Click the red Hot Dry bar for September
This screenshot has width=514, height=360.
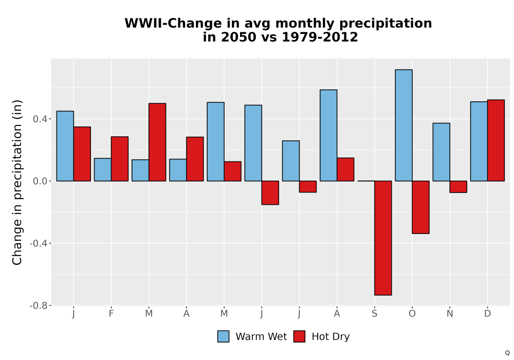click(x=383, y=238)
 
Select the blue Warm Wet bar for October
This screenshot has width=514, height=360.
click(x=403, y=125)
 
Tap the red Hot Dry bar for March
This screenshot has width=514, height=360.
click(x=157, y=142)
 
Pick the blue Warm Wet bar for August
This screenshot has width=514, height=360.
click(x=328, y=135)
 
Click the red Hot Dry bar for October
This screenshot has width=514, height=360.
click(x=420, y=207)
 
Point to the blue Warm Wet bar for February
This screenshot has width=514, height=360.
click(x=103, y=170)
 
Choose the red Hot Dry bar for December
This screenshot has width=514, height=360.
click(x=496, y=140)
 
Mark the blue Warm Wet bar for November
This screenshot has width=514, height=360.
click(x=441, y=152)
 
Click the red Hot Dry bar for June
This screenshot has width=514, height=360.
click(x=270, y=193)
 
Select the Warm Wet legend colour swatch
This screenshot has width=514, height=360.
click(x=223, y=336)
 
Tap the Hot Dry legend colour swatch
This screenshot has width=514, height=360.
click(x=299, y=336)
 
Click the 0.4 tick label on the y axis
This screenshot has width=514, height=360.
click(x=40, y=119)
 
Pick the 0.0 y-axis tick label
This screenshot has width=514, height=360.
click(x=40, y=182)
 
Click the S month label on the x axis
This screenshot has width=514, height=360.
click(x=374, y=314)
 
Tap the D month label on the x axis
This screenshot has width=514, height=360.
click(x=487, y=314)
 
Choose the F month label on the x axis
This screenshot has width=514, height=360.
click(x=111, y=314)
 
